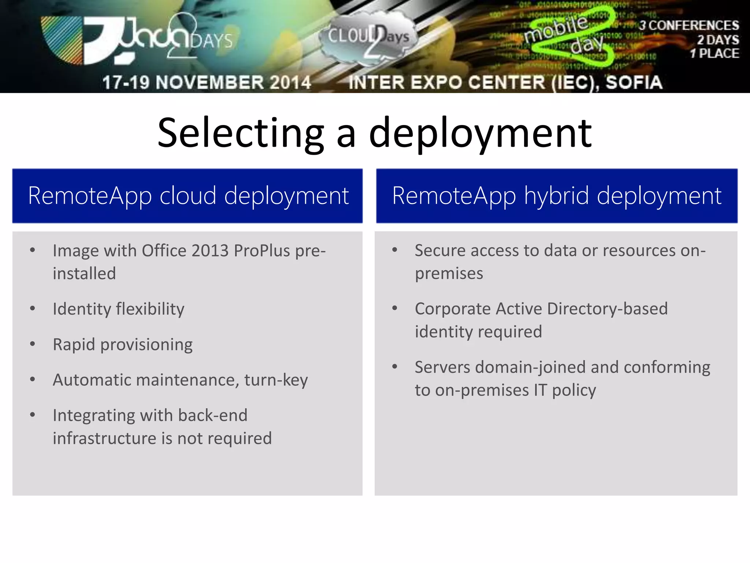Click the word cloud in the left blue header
(188, 196)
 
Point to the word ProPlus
(262, 251)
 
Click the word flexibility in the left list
(150, 309)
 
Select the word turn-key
(276, 380)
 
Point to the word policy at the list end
(574, 390)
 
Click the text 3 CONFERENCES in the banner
(689, 25)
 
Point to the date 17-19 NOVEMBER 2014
(207, 82)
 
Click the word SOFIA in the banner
(634, 82)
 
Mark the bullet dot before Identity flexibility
(33, 309)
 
